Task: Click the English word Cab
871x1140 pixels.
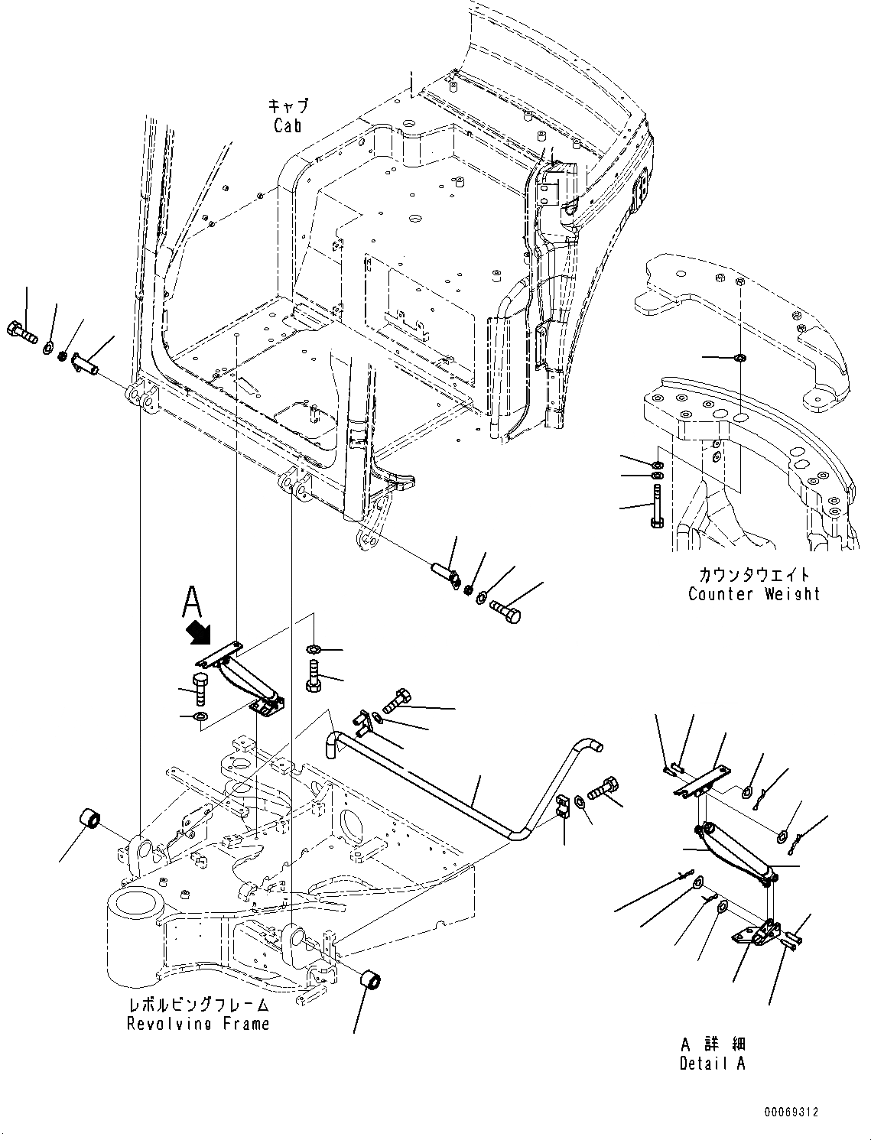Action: pyautogui.click(x=288, y=125)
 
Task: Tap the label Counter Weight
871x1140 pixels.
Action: pyautogui.click(x=753, y=594)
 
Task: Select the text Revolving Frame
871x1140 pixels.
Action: pyautogui.click(x=198, y=1023)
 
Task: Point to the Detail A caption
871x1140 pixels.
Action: pyautogui.click(x=712, y=1063)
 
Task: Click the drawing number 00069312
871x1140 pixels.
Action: pyautogui.click(x=789, y=1112)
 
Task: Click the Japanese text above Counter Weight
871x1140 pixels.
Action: pyautogui.click(x=753, y=574)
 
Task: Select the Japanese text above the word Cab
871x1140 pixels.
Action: pyautogui.click(x=288, y=106)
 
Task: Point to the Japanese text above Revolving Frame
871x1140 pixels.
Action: pyautogui.click(x=198, y=1004)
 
